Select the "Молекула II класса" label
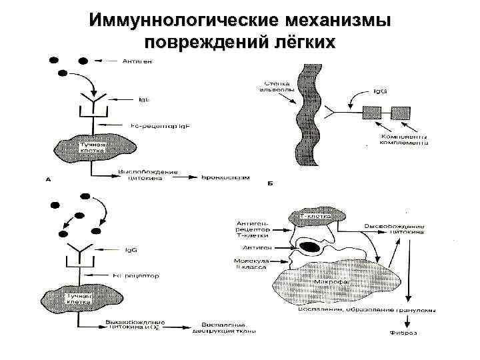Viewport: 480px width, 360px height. pyautogui.click(x=251, y=264)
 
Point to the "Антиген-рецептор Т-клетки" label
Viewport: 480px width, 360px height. pyautogui.click(x=252, y=229)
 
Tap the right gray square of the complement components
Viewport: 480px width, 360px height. pyautogui.click(x=399, y=111)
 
